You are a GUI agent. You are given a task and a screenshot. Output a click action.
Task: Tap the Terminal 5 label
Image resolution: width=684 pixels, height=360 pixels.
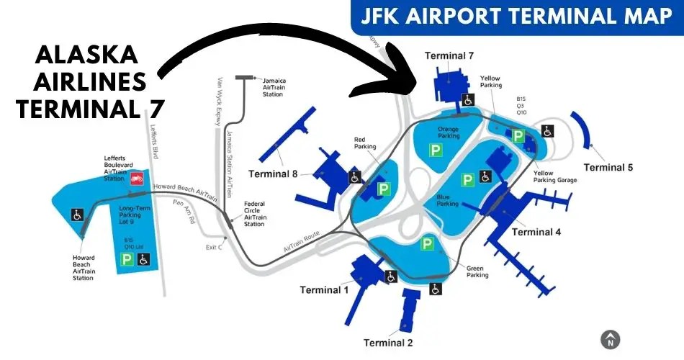point(608,168)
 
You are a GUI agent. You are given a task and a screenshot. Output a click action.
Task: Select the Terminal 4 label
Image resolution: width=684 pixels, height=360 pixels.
point(536,232)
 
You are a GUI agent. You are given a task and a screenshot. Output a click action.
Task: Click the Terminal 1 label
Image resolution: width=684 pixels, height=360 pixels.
point(325,290)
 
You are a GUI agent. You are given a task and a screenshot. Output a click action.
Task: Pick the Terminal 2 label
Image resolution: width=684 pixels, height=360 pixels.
point(388,342)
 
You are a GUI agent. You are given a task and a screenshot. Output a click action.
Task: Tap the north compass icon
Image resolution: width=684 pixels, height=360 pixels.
point(611,339)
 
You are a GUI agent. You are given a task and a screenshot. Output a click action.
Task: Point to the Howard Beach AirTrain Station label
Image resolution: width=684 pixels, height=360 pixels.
point(84,268)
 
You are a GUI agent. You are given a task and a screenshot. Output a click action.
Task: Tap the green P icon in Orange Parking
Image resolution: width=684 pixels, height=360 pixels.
point(435,150)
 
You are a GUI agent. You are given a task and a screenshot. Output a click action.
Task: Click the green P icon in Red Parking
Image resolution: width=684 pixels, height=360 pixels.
point(384,189)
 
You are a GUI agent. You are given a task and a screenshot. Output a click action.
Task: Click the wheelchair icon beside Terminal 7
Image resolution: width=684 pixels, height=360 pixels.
point(467,99)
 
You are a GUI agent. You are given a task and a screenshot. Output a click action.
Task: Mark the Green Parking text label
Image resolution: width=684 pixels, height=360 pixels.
point(477,271)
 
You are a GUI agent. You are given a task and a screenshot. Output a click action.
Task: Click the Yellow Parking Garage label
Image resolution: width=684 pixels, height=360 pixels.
point(554,176)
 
